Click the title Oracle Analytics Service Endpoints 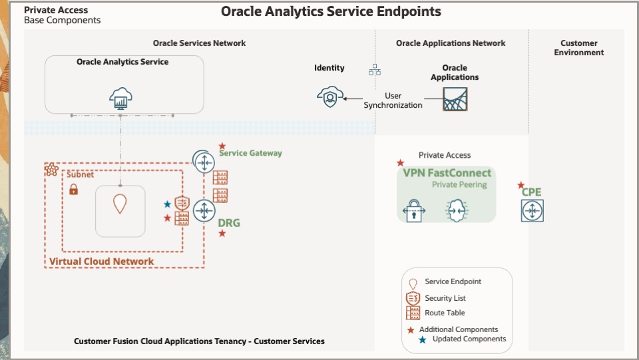tap(330, 11)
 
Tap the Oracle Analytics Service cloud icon tap(120, 99)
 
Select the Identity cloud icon tap(329, 97)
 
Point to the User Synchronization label tap(393, 100)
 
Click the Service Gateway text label tap(250, 153)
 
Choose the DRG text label tap(229, 223)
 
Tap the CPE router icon tap(532, 211)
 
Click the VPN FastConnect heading tap(447, 173)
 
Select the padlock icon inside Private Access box tap(413, 210)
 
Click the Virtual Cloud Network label tap(101, 262)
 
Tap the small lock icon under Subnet tap(74, 190)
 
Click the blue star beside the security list tap(168, 204)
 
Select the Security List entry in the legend tap(445, 298)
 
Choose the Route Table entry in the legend tap(445, 313)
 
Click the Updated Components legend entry tap(469, 339)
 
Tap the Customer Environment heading tap(578, 48)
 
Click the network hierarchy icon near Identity tap(375, 69)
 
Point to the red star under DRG tap(222, 234)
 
